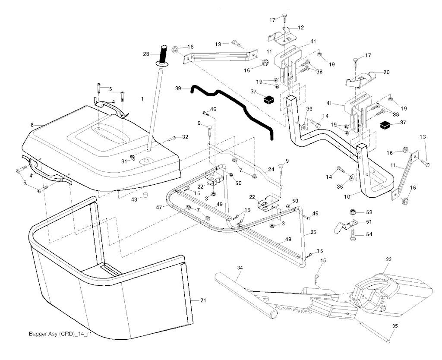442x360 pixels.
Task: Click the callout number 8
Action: [32, 125]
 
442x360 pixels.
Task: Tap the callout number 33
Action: [388, 259]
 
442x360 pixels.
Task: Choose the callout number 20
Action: [386, 73]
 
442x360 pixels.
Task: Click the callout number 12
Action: [301, 28]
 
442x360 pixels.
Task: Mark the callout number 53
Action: [369, 212]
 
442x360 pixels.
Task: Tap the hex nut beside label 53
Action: [353, 212]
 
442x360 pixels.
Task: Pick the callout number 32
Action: [185, 137]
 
